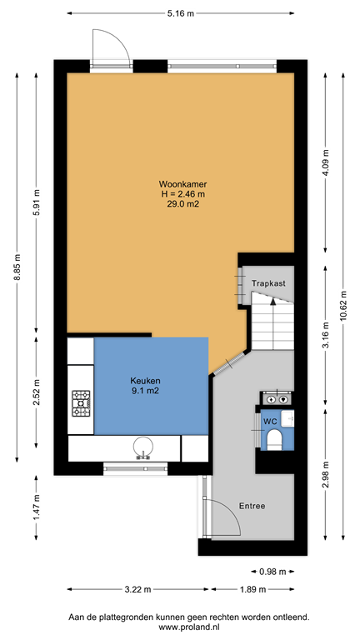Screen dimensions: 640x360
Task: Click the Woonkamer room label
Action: [182, 184]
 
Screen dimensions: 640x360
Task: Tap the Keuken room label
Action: [144, 380]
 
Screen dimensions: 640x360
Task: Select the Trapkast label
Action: [268, 283]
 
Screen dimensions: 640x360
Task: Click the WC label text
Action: [269, 422]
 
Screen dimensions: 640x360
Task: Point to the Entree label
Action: [252, 506]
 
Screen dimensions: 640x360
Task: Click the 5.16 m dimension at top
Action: [181, 13]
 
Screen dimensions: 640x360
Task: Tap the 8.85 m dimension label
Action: [17, 267]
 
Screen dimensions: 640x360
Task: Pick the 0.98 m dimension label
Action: [272, 572]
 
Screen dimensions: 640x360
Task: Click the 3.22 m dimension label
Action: [137, 589]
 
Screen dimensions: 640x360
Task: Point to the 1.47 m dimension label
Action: [36, 507]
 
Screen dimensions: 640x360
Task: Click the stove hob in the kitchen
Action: [81, 403]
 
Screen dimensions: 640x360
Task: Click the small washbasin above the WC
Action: [276, 398]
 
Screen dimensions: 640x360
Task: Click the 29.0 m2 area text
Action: [182, 204]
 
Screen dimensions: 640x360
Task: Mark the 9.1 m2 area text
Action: [144, 390]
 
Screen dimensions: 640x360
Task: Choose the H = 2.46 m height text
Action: [182, 194]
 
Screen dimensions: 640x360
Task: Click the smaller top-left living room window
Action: [111, 66]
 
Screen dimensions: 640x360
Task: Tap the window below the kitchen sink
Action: [141, 469]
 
